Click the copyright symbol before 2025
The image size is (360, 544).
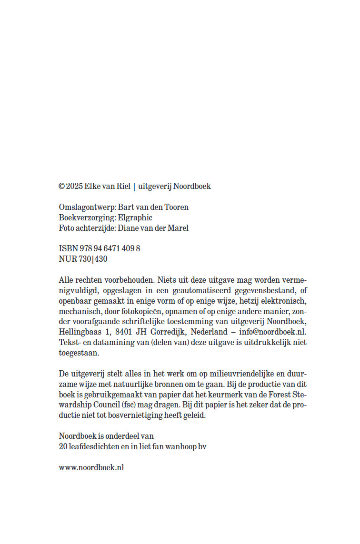[x=61, y=187]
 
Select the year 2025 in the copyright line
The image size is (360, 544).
[x=74, y=187]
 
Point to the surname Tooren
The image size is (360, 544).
[x=177, y=208]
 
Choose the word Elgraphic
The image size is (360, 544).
[x=135, y=218]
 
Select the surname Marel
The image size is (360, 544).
[x=178, y=228]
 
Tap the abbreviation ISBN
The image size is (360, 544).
[x=67, y=249]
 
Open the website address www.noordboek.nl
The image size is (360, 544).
[x=91, y=467]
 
